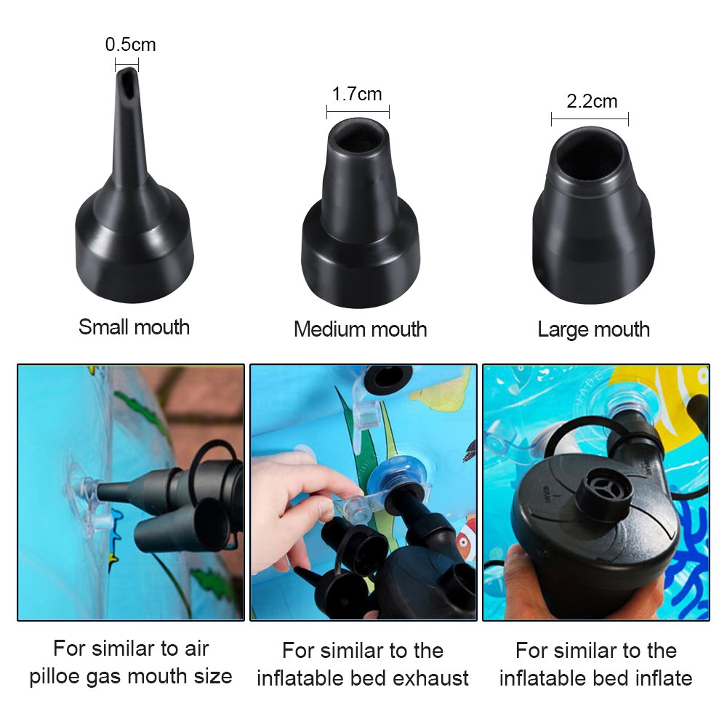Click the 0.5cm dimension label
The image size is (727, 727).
click(130, 45)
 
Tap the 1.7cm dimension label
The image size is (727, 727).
click(357, 94)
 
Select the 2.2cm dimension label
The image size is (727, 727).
click(591, 101)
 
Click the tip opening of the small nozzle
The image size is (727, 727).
click(128, 76)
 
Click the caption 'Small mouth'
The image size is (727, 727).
click(134, 327)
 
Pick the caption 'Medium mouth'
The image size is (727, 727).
click(360, 329)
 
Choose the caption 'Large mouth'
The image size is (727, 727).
click(593, 329)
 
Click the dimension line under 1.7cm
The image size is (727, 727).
click(358, 111)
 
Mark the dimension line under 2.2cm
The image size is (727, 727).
click(590, 119)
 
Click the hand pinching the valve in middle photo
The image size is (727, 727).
click(291, 494)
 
